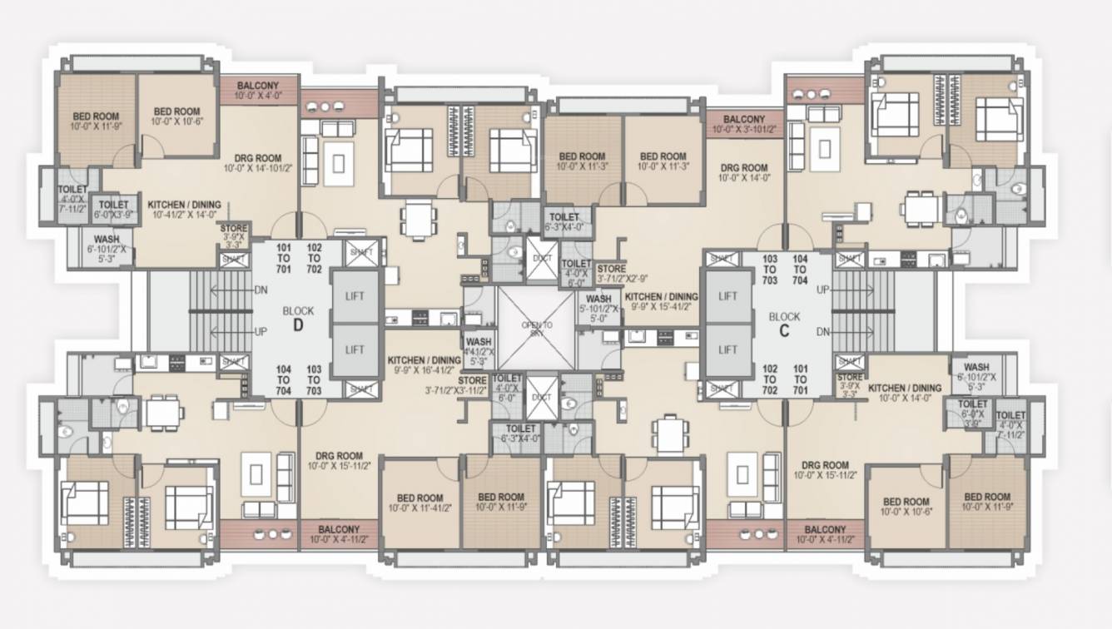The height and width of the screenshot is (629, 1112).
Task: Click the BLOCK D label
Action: (298, 318)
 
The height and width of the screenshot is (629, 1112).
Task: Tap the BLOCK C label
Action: (784, 324)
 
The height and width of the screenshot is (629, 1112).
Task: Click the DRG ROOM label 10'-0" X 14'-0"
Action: (743, 172)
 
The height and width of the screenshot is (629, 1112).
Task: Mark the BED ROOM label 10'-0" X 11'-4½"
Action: (419, 503)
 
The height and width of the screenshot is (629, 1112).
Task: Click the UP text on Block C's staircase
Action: (823, 290)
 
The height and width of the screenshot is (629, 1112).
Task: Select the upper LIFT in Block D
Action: (355, 296)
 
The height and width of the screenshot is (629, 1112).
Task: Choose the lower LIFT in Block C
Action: (727, 350)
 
